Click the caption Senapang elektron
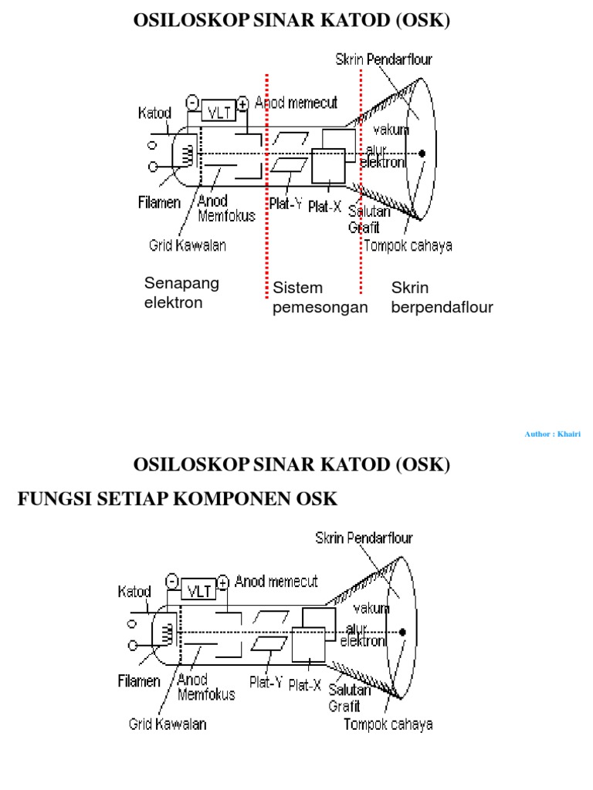[x=181, y=292]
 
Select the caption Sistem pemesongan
[x=320, y=298]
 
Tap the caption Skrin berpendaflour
[x=442, y=298]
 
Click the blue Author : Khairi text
[x=552, y=434]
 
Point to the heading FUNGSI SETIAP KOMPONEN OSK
[x=178, y=499]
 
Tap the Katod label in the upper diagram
[x=154, y=113]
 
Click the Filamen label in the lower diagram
[x=140, y=681]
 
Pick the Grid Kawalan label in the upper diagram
[x=188, y=246]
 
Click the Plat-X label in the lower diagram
[x=304, y=684]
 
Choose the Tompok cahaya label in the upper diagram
[x=408, y=246]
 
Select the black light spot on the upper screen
[x=422, y=154]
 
